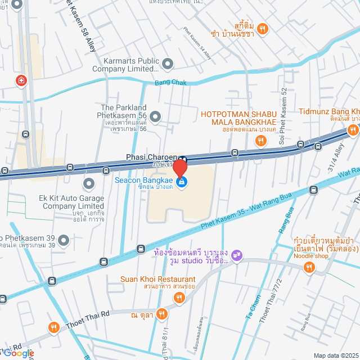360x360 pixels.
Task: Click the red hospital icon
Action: tap(21, 81)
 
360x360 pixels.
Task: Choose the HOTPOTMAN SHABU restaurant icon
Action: tap(260, 141)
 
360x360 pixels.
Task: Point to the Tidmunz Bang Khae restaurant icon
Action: tap(353, 130)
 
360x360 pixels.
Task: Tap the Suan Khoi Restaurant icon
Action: tap(179, 299)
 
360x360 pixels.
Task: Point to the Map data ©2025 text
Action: tap(335, 355)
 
